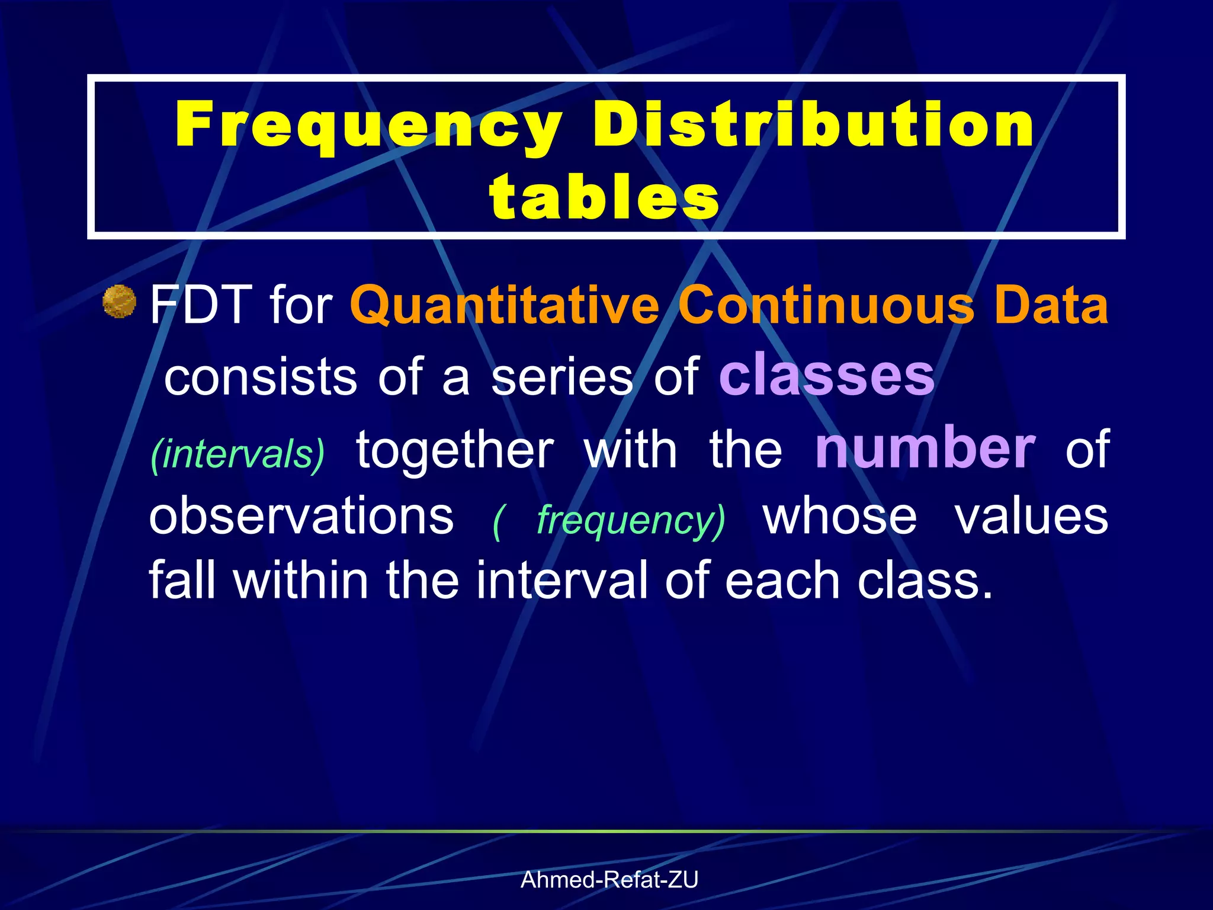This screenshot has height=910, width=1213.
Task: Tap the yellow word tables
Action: (604, 196)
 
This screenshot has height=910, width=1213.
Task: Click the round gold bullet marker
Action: (120, 302)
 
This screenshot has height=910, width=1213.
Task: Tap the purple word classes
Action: (827, 375)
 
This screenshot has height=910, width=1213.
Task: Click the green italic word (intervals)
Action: (238, 454)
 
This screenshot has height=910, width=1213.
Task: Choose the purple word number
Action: (925, 448)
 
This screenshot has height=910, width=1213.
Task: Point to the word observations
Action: (301, 516)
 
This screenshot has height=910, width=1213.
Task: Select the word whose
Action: (840, 516)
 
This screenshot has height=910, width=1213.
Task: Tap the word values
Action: (1031, 516)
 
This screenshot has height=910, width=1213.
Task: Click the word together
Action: (455, 450)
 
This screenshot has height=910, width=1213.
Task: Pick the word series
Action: (562, 377)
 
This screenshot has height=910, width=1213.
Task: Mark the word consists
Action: (261, 377)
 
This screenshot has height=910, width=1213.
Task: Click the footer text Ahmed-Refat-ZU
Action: (609, 880)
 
